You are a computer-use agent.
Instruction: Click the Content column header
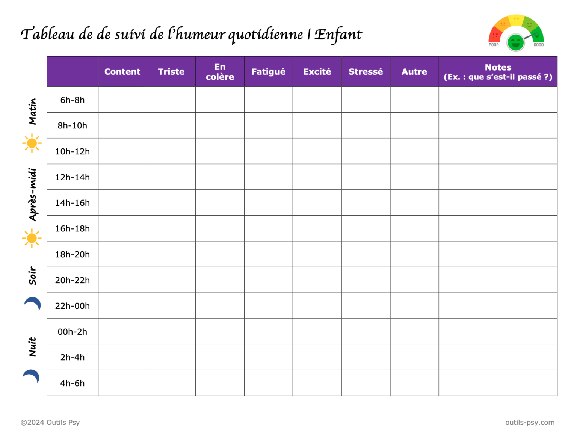click(122, 72)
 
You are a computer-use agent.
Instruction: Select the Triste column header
click(171, 72)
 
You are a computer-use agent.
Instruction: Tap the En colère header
click(220, 72)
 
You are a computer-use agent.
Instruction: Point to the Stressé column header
click(366, 72)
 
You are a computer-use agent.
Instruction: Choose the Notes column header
click(498, 72)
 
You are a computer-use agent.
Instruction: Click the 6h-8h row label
click(73, 100)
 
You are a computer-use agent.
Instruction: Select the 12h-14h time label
click(73, 177)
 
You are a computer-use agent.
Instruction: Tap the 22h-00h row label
click(73, 306)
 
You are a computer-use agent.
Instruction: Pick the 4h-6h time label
click(73, 383)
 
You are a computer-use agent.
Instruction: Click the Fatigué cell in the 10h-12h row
click(268, 151)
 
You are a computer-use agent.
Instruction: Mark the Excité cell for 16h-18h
click(317, 228)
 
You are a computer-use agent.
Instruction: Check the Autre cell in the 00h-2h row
click(414, 331)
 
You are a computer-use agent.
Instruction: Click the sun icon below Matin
click(32, 143)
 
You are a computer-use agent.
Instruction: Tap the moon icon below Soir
click(33, 304)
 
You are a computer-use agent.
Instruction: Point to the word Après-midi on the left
click(33, 194)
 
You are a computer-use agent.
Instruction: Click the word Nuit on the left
click(33, 347)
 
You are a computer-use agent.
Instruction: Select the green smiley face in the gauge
click(515, 42)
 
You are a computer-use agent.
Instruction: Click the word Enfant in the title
click(338, 35)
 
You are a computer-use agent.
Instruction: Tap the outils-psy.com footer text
click(530, 423)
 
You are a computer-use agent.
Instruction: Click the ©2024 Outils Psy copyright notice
click(50, 423)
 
